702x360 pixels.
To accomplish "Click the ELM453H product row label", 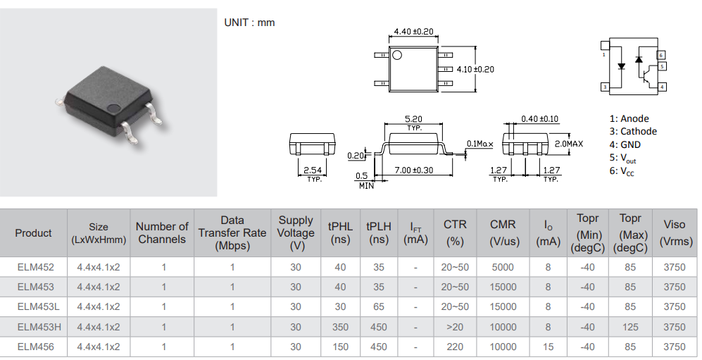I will tap(35, 327).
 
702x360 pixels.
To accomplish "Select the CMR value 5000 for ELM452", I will tap(503, 267).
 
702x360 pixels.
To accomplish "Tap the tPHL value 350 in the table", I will tap(340, 327).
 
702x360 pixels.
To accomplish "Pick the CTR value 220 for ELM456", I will tap(455, 347).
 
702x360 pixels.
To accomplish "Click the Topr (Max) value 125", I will tap(629, 327).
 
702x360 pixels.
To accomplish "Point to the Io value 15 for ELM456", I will tap(548, 347).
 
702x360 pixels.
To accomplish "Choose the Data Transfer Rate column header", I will tap(232, 233).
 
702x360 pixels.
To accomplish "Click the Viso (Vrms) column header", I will tap(674, 233).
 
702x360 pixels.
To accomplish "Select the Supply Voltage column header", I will tap(296, 233).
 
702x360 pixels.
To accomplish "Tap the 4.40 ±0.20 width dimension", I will tap(413, 32).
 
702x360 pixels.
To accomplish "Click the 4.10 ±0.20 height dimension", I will tap(475, 69).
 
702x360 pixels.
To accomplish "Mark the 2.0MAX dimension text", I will tap(569, 144).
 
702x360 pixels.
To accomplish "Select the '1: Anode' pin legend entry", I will tap(629, 118).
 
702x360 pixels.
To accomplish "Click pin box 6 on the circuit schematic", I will tap(661, 55).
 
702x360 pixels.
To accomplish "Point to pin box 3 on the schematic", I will tap(605, 87).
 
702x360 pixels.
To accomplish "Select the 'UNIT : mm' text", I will tap(249, 23).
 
